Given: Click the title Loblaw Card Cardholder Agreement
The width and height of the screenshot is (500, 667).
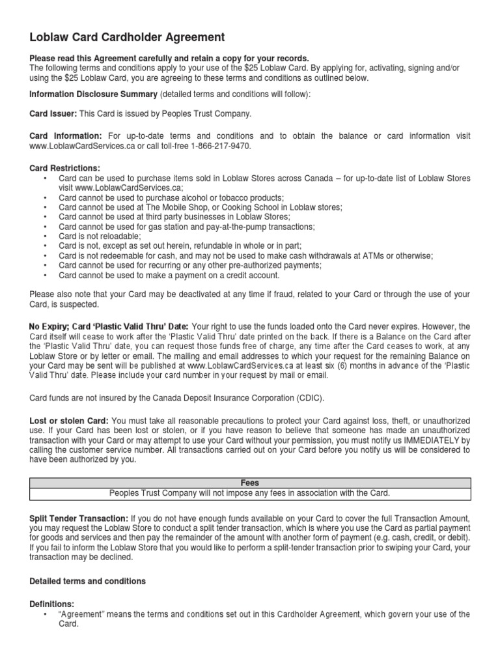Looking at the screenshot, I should pos(127,37).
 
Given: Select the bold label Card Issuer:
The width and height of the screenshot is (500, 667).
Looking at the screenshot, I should pos(53,114).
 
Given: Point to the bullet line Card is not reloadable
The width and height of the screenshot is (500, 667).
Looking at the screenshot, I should pos(99,236).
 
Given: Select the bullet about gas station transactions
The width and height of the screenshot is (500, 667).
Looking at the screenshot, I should pos(186,227).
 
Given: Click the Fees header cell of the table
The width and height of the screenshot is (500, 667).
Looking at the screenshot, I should pos(250,483).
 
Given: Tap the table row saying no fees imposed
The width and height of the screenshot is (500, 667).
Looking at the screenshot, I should pos(250,492).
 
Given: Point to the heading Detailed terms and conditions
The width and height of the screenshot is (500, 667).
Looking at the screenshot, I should pos(88,580).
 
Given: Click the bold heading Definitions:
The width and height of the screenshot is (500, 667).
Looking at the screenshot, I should pos(52,604).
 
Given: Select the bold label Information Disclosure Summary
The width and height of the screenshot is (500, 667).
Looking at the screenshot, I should pos(88,94).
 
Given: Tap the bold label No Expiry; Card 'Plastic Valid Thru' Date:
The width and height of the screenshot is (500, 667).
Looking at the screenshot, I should pos(109,326).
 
